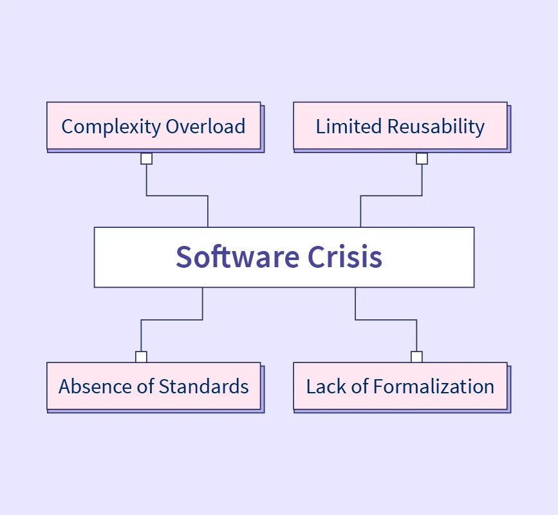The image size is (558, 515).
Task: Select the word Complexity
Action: (x=111, y=126)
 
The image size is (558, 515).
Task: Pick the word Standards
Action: (x=203, y=386)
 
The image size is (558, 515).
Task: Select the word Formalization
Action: (x=434, y=386)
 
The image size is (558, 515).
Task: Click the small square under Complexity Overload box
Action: (x=147, y=158)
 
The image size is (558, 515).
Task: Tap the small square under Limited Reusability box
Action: (x=422, y=158)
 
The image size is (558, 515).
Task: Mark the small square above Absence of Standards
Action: (x=141, y=357)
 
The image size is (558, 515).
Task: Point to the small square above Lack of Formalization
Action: (x=416, y=357)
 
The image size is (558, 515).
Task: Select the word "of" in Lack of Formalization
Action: (x=361, y=386)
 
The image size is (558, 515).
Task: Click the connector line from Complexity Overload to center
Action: (x=177, y=196)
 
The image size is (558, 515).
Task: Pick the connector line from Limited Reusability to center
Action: (x=391, y=196)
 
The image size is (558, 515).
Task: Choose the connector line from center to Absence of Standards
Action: (x=172, y=320)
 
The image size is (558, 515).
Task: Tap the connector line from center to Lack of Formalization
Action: (x=386, y=320)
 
